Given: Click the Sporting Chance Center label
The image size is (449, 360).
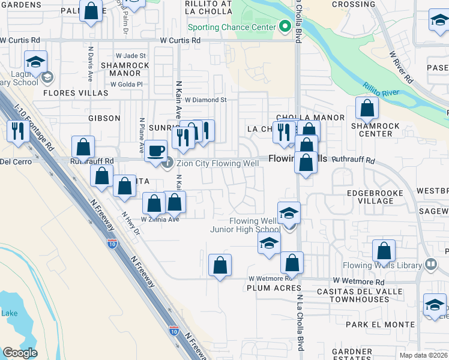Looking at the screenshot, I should pyautogui.click(x=232, y=27).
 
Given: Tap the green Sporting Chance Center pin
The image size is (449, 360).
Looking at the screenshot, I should pyautogui.click(x=285, y=27).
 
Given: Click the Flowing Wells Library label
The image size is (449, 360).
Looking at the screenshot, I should pyautogui.click(x=382, y=265).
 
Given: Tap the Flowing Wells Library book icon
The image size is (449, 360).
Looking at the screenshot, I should pyautogui.click(x=430, y=265).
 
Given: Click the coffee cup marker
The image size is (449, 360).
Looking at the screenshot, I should pyautogui.click(x=156, y=151).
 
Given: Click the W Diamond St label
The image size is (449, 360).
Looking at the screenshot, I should pyautogui.click(x=205, y=100).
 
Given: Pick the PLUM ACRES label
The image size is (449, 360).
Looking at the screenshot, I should pyautogui.click(x=268, y=289).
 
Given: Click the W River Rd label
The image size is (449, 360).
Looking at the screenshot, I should pyautogui.click(x=401, y=67).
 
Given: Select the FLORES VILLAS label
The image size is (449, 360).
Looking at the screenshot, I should pyautogui.click(x=76, y=93).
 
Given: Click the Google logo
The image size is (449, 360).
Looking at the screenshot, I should pyautogui.click(x=20, y=353).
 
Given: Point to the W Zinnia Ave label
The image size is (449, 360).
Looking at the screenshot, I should pyautogui.click(x=160, y=220).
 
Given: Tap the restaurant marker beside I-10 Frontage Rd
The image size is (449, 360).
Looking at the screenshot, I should pyautogui.click(x=16, y=131).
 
